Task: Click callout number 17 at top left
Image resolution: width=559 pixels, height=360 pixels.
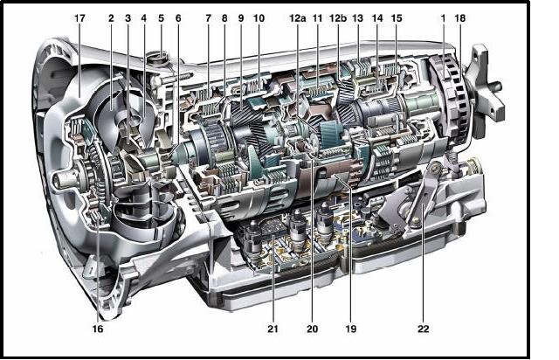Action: pyautogui.click(x=79, y=18)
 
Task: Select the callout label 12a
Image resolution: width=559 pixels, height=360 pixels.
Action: pyautogui.click(x=297, y=18)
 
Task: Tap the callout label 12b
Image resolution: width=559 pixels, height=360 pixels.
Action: pyautogui.click(x=338, y=18)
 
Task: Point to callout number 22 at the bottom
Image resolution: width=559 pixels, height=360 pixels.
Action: pyautogui.click(x=423, y=329)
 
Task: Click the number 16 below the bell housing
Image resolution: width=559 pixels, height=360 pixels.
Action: pyautogui.click(x=98, y=329)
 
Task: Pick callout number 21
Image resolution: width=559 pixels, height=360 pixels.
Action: pyautogui.click(x=273, y=329)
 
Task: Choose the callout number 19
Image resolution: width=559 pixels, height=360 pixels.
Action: pyautogui.click(x=351, y=329)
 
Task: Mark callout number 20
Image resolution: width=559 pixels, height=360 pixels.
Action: pyautogui.click(x=313, y=329)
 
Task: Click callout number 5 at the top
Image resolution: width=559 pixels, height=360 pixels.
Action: pyautogui.click(x=161, y=18)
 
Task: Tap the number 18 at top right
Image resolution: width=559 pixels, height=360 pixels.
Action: pyautogui.click(x=460, y=18)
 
